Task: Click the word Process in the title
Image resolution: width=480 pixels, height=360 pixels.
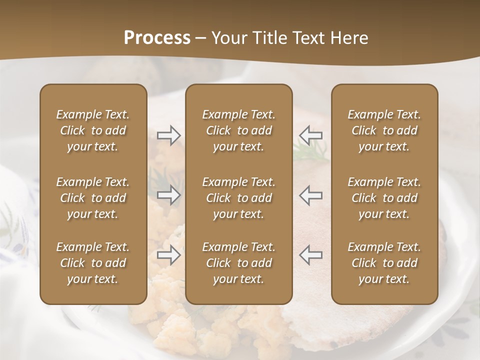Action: pos(157,38)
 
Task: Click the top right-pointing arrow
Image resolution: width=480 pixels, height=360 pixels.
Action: pos(169,135)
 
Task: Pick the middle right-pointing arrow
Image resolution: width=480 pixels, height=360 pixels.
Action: pos(169,195)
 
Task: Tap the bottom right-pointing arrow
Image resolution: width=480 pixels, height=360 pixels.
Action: pos(169,255)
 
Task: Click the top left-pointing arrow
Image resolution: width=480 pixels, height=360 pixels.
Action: pos(311,135)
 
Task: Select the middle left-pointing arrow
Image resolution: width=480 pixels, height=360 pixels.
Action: pos(311,195)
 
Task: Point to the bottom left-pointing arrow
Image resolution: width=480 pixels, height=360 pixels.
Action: pos(311,255)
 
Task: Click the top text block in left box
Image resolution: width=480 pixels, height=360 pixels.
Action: pos(93,130)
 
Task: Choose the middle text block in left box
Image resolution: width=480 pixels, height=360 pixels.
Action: pos(93,198)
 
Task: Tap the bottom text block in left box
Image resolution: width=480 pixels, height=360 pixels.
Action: pos(93,263)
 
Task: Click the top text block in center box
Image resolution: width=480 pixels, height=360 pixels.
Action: pos(239,130)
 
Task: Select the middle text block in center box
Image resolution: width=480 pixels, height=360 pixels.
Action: pos(239,198)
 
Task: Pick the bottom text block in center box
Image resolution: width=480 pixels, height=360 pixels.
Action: pos(239,263)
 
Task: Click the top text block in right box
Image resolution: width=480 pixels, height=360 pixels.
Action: pos(384,130)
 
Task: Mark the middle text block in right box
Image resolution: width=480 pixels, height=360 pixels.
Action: pos(384,198)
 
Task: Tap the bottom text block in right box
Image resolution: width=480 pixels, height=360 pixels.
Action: pos(384,263)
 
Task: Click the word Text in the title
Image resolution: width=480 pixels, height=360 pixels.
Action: pos(305,38)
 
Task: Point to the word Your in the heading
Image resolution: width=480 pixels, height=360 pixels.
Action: pos(227,38)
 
